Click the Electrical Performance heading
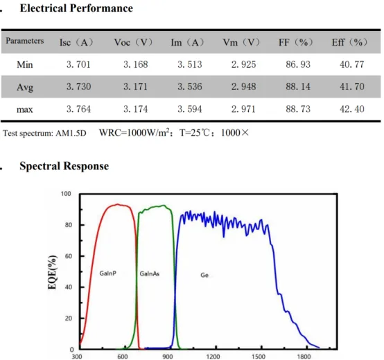(x=67, y=9)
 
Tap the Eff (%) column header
(x=349, y=42)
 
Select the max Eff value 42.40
(x=349, y=109)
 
